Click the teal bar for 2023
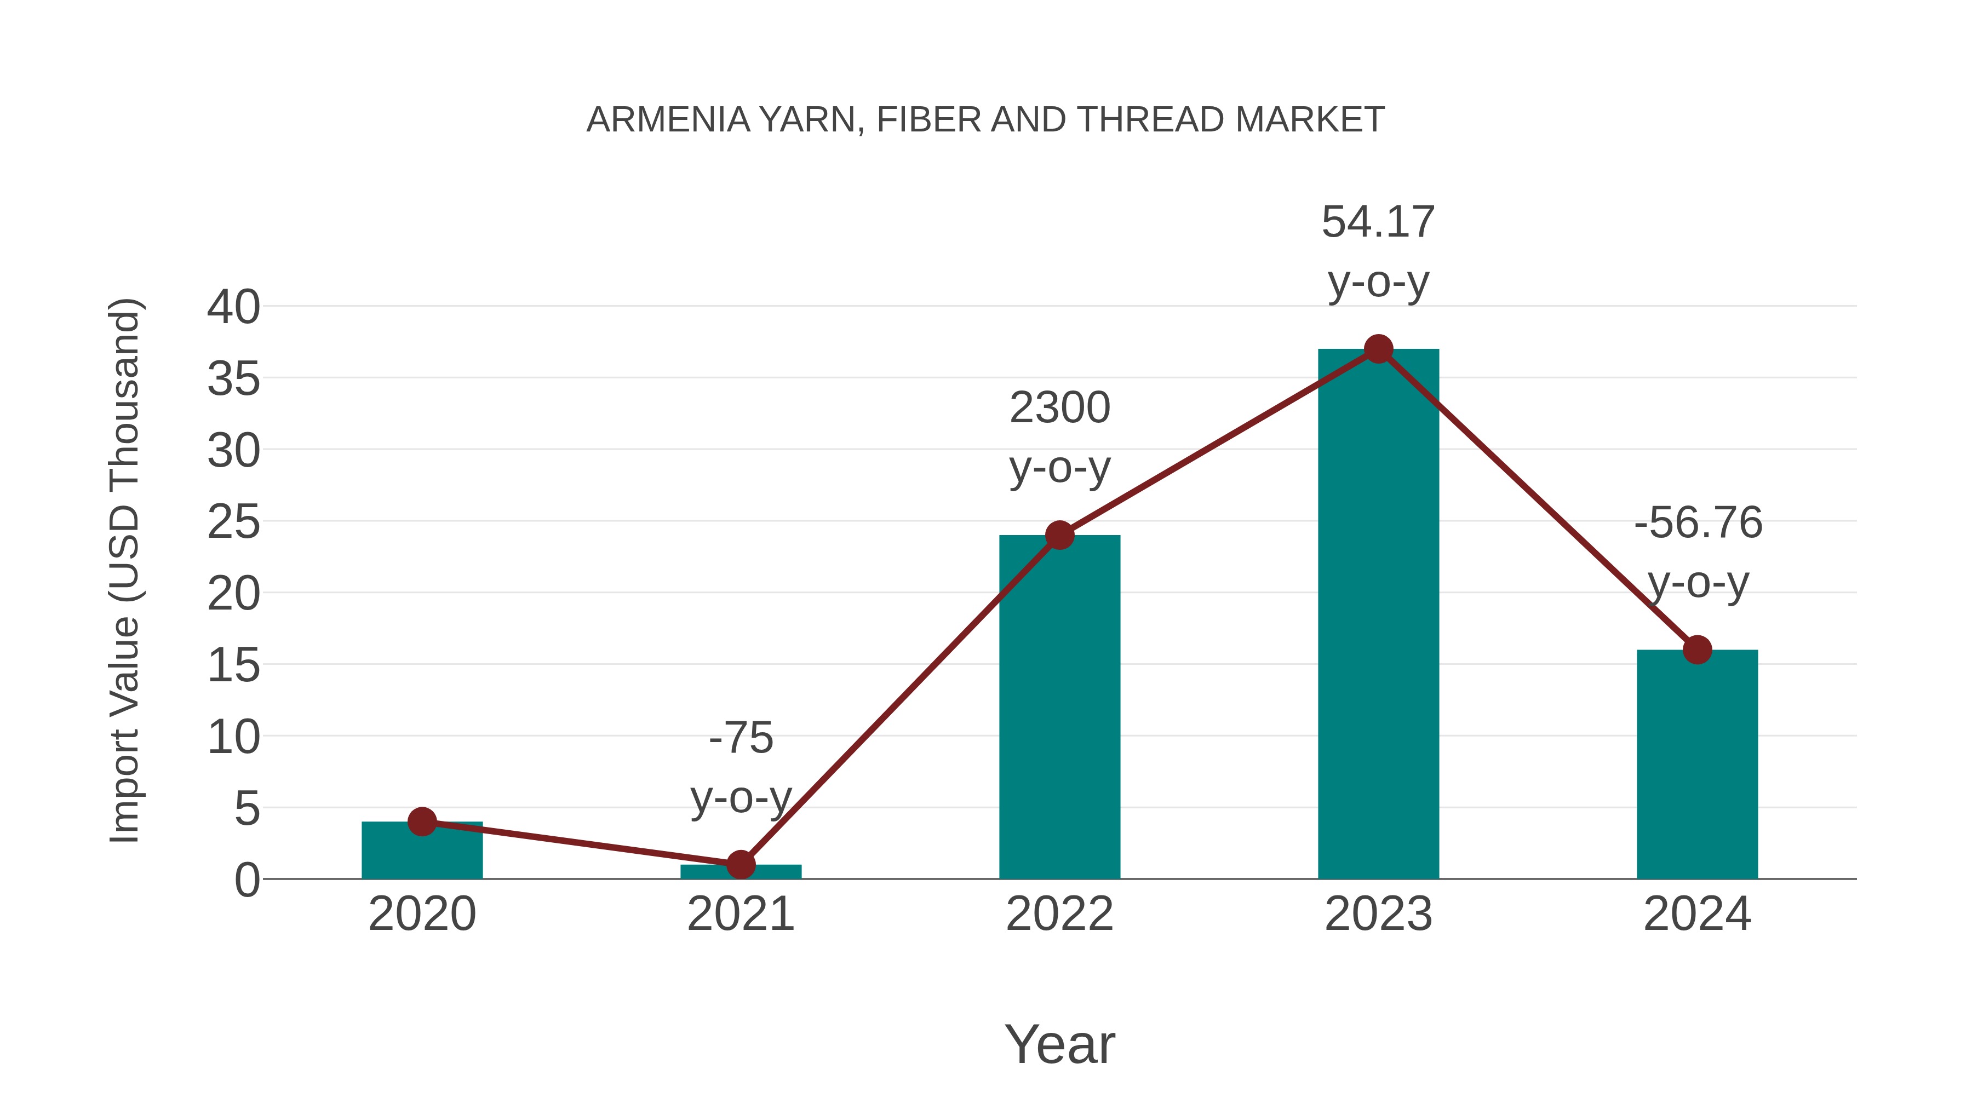click(x=1378, y=628)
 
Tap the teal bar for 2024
click(x=1697, y=773)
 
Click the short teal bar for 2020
click(x=422, y=853)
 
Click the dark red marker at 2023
click(x=1378, y=349)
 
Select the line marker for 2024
click(x=1697, y=650)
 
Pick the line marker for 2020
click(x=422, y=822)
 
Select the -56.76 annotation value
click(x=1697, y=524)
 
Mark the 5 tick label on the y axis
click(x=246, y=809)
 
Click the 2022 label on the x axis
click(x=1059, y=915)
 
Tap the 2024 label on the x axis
click(x=1697, y=915)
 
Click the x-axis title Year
click(x=1059, y=1045)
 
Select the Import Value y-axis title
click(x=124, y=570)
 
